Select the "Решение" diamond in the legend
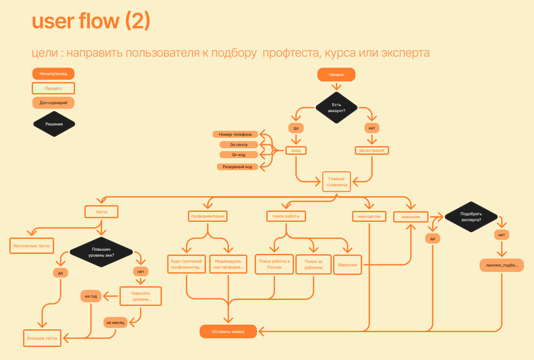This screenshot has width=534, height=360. pos(54,124)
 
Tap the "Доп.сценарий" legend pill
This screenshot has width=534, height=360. pos(53,103)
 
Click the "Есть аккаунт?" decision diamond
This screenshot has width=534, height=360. pos(336,108)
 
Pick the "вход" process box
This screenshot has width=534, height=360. pos(296,150)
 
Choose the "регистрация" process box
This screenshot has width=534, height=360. pos(372,150)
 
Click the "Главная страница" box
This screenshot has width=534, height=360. pos(337,182)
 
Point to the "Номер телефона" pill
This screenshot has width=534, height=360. pos(235,134)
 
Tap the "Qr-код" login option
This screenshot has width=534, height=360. pos(239,155)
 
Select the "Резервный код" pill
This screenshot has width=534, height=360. pos(237,167)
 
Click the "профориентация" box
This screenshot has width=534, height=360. pos(208,216)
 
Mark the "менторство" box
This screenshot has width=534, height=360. pos(369,217)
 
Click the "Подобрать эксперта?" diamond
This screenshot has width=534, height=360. pos(471,217)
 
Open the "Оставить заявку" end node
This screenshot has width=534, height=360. pos(228,332)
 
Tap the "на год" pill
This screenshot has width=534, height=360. pos(91,296)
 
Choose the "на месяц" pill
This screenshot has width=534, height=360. pos(115,323)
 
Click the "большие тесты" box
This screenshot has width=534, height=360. pos(42,338)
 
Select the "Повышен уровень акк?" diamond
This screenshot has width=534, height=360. pos(101,252)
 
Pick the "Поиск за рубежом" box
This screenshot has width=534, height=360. pos(313,265)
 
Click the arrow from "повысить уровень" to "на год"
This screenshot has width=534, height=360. pos(111,296)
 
